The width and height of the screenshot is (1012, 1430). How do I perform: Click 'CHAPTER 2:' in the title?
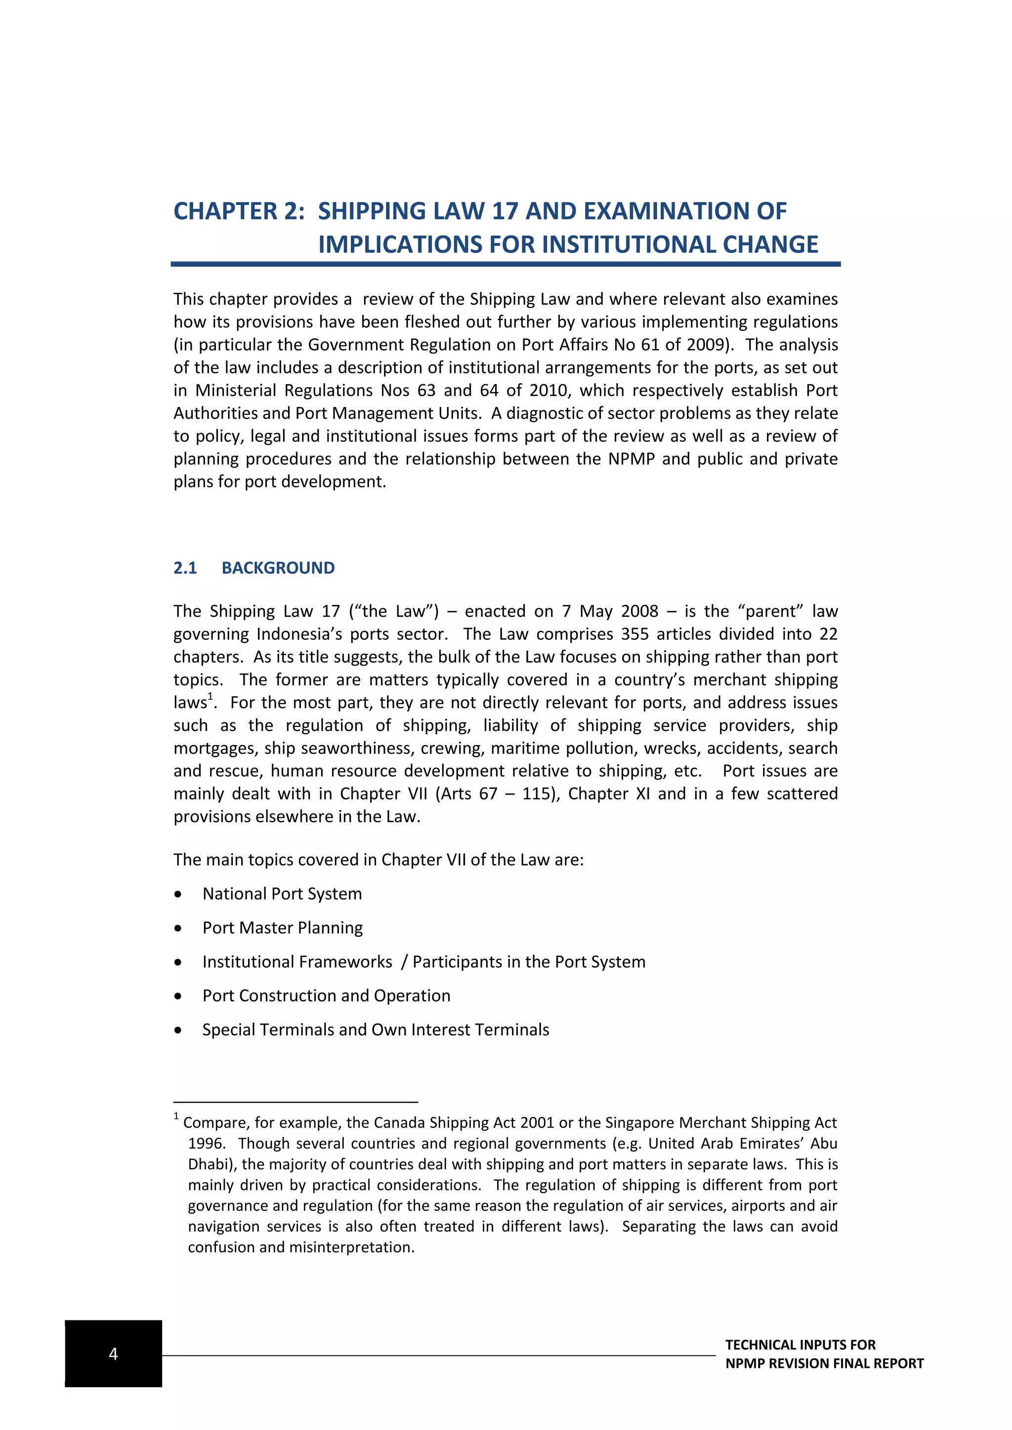[239, 212]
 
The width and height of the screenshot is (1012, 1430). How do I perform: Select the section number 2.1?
[185, 568]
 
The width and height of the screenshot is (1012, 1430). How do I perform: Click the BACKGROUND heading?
[278, 568]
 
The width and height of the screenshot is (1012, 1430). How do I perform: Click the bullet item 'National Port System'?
[282, 894]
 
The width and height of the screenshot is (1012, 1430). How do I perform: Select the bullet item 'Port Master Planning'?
[282, 928]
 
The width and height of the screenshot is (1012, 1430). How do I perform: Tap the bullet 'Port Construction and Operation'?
[326, 996]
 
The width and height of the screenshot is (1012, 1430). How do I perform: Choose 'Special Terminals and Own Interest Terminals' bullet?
[376, 1030]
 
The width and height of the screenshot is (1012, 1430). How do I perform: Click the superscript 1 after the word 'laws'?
[211, 696]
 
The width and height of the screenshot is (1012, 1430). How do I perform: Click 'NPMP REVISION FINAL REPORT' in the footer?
[824, 1363]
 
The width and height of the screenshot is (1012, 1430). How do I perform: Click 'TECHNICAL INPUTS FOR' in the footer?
[800, 1345]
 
